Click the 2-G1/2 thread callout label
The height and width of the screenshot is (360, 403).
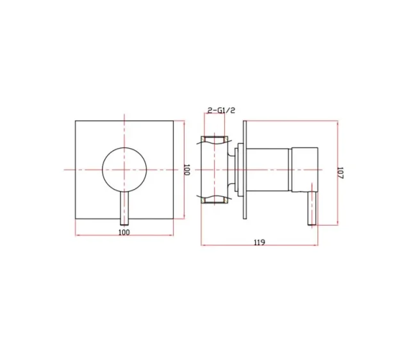pos(222,111)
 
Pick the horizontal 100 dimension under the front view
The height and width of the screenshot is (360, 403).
pos(124,232)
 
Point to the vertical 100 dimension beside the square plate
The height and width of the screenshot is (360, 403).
pos(187,170)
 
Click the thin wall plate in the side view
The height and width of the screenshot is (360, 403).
pos(244,169)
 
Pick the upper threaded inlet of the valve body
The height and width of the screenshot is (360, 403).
pos(215,140)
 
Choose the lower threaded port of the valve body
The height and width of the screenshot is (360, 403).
pos(215,200)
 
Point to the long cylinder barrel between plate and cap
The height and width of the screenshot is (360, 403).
pos(269,169)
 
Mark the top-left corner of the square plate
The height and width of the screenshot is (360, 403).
pos(76,120)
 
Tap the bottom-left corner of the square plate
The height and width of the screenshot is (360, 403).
pos(76,218)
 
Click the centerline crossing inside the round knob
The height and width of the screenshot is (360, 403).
pos(124,169)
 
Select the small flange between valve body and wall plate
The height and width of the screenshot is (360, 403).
pos(237,169)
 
